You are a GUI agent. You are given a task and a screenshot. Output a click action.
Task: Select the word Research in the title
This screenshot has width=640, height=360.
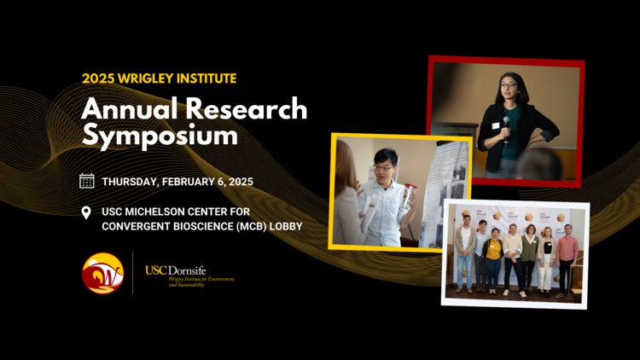[x=251, y=108]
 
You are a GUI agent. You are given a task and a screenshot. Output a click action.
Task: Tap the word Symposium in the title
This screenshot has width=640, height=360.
[x=160, y=136]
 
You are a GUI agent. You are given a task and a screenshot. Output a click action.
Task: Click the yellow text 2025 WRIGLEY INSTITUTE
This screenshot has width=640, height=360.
[x=160, y=78]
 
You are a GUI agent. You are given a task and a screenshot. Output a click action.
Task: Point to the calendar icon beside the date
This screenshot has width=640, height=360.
[x=86, y=181]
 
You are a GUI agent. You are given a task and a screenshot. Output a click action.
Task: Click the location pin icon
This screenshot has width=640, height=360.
[x=86, y=212]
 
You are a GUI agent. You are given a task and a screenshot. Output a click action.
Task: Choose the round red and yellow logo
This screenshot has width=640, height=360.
[x=102, y=273]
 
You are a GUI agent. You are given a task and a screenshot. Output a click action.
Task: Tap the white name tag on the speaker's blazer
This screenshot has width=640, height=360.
[x=494, y=126]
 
